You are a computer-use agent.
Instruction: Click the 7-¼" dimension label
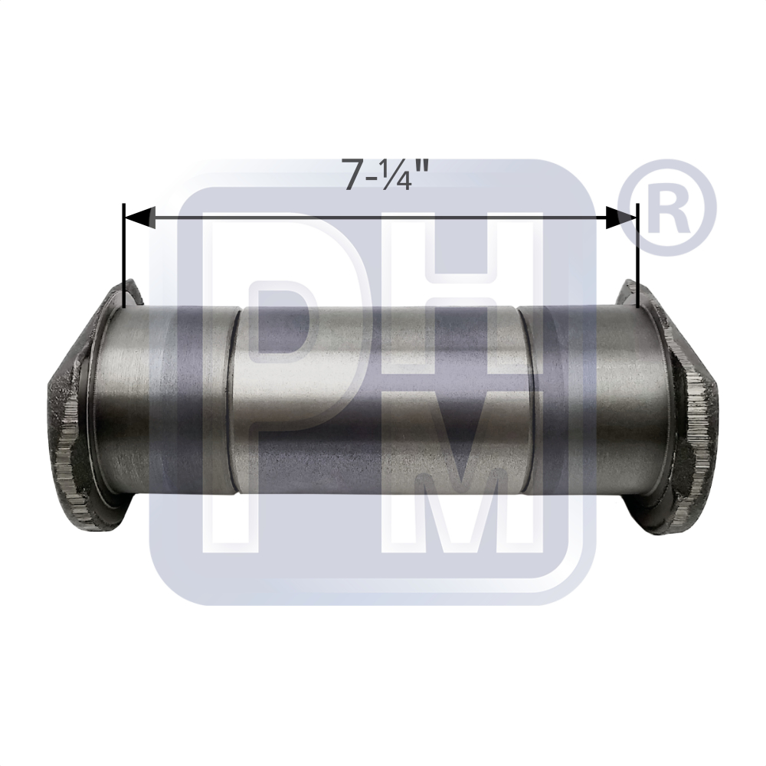(385, 174)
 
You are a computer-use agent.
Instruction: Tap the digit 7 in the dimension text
(352, 175)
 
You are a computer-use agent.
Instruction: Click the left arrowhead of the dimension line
(141, 217)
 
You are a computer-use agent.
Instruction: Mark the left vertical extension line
(125, 256)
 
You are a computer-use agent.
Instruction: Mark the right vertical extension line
(638, 256)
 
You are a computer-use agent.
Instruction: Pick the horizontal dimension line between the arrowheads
(381, 217)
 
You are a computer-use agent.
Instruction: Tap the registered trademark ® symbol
(667, 207)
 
